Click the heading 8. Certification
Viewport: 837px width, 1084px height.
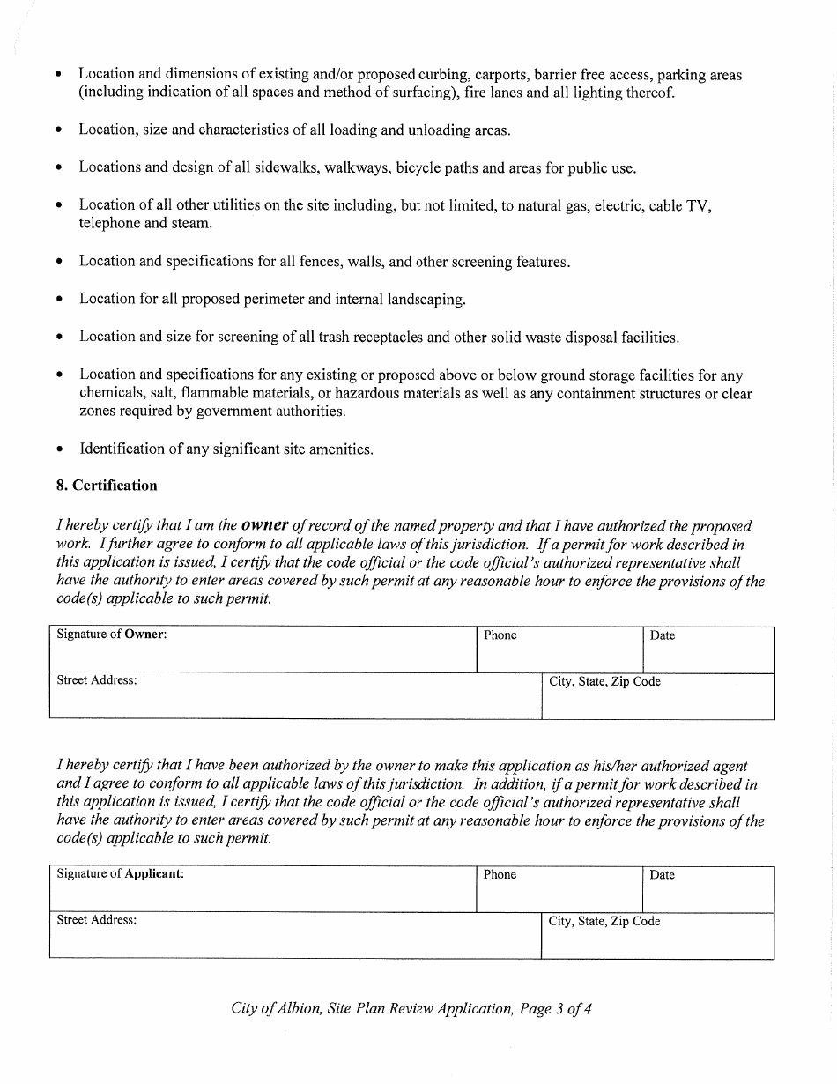tap(107, 486)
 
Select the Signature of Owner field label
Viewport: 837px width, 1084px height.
tap(112, 635)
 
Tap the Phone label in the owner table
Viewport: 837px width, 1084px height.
tap(500, 635)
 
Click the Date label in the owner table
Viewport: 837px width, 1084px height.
tap(663, 635)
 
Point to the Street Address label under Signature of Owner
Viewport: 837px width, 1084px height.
tap(97, 680)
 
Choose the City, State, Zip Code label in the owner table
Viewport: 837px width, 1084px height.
tap(604, 681)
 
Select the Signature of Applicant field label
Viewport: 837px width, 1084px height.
tap(121, 874)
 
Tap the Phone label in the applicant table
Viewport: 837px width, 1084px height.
tap(500, 875)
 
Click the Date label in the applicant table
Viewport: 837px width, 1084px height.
tap(663, 875)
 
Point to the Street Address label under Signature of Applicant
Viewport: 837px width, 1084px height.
tap(97, 920)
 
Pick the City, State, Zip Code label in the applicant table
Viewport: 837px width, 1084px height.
tap(604, 921)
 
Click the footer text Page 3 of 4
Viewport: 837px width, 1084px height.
tap(555, 1009)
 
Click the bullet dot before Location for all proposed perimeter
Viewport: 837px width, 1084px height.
tap(59, 300)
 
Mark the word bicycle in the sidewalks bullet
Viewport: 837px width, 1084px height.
tap(421, 167)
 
